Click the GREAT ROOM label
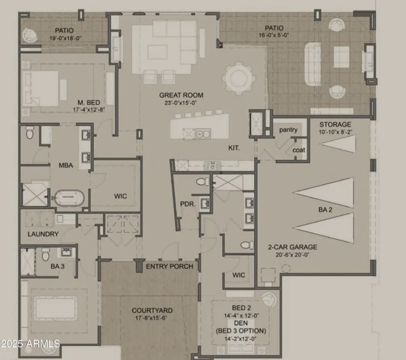[181, 95]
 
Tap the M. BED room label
[84, 101]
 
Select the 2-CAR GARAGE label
[292, 247]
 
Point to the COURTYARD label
[152, 310]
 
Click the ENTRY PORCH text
[170, 267]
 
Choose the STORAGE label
[335, 124]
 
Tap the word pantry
[288, 130]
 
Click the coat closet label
[298, 150]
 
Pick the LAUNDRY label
[43, 234]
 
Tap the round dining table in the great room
[238, 78]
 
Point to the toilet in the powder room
[202, 181]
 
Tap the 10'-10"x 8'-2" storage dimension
[335, 132]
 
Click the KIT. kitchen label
[233, 148]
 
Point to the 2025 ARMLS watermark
[30, 344]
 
